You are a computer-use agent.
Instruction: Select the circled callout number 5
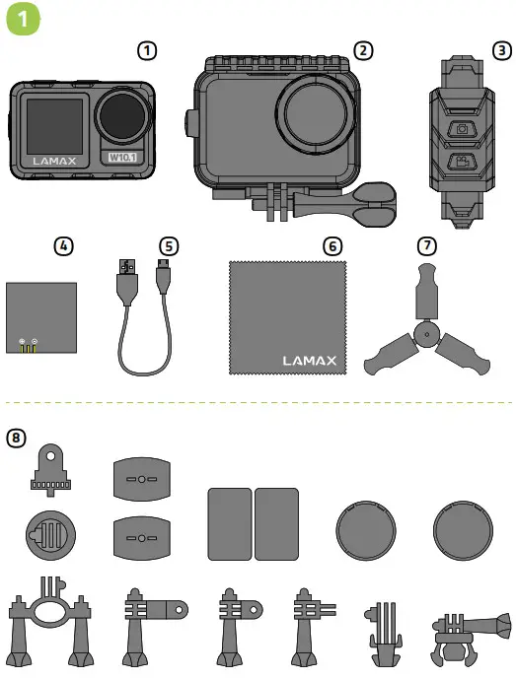[x=171, y=245]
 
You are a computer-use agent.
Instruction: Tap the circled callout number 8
[x=17, y=437]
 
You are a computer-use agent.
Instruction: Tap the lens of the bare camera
[x=123, y=114]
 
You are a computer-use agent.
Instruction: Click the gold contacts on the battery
[x=29, y=346]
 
